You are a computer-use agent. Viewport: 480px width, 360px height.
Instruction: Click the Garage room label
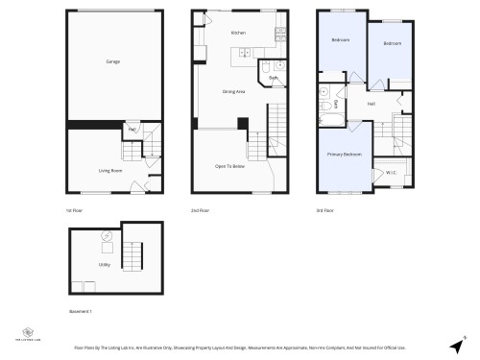pos(113,61)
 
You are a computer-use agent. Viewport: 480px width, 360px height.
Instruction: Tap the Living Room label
pos(109,170)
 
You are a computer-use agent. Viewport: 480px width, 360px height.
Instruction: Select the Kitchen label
pos(238,34)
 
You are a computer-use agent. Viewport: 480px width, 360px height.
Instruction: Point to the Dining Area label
pos(234,91)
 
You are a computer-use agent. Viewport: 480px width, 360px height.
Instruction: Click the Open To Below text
pos(228,165)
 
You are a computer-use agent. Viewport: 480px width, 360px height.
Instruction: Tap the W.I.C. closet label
pos(391,173)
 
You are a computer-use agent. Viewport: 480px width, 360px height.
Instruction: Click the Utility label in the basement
pos(103,264)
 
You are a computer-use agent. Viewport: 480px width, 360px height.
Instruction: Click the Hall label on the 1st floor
pos(132,129)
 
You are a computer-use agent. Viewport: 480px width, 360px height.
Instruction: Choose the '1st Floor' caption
pos(75,210)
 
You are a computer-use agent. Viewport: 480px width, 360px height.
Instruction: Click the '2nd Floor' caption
pos(201,210)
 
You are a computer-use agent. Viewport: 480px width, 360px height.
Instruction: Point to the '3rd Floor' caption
pos(325,210)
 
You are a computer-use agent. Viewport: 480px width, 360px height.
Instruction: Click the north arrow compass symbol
pos(455,345)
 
